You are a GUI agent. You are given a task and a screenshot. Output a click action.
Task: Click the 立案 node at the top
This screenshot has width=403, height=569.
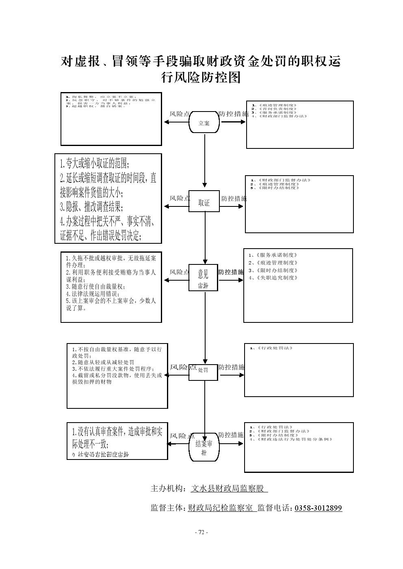[204, 123]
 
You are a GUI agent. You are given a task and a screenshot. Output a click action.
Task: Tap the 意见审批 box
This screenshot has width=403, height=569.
[203, 279]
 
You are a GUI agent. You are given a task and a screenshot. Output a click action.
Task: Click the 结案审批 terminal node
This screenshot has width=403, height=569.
[204, 447]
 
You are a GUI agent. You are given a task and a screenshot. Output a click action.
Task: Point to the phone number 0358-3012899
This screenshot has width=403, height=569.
[318, 508]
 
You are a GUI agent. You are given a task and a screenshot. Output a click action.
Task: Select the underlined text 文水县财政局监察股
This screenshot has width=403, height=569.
[229, 489]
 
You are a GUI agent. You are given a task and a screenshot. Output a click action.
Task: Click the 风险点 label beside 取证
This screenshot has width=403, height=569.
[180, 198]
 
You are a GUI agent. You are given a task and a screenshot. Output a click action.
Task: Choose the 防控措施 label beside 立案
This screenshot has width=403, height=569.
[234, 114]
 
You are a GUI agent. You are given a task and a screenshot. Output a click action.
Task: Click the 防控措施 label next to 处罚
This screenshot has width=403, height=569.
[232, 367]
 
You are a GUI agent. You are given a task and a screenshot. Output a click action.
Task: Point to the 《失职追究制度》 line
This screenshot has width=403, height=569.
[273, 278]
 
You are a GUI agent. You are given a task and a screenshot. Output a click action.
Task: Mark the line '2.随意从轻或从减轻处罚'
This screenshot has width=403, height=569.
[103, 362]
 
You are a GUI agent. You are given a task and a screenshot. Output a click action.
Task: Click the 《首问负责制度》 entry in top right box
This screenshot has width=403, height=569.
[275, 109]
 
